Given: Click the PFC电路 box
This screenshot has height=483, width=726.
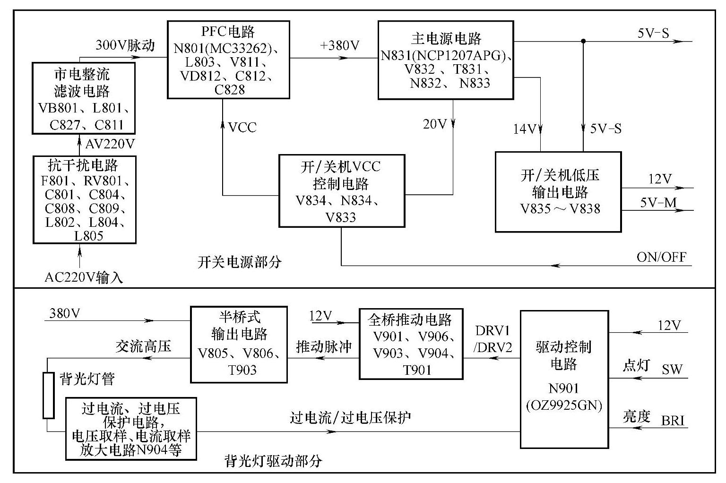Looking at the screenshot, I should click(228, 60).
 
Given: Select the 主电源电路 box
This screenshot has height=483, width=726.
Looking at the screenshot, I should click(445, 60).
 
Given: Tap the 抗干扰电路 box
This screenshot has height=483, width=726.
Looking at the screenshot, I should click(84, 199).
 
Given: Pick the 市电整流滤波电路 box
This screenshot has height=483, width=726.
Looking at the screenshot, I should click(84, 98).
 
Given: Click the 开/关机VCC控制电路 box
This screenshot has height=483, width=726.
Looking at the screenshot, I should click(341, 190).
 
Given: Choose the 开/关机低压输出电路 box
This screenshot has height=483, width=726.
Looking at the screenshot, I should click(558, 192).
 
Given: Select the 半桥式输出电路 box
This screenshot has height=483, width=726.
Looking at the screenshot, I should click(239, 344).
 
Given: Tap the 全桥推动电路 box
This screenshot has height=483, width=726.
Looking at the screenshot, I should click(410, 344).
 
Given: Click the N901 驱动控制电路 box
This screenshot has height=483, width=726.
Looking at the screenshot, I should click(564, 379).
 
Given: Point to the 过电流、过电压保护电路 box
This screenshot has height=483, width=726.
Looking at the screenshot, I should click(131, 429).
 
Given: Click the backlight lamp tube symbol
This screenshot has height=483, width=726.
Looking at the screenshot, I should click(48, 395).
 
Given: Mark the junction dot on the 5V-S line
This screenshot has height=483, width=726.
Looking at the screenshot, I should click(583, 42).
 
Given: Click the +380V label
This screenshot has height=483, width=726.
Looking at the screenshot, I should click(339, 46).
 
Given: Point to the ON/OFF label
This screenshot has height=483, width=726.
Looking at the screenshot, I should click(661, 257).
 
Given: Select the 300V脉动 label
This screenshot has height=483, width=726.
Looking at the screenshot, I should click(125, 45).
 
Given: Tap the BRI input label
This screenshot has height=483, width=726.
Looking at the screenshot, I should click(673, 420).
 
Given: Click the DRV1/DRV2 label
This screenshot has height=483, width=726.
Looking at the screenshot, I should click(493, 339).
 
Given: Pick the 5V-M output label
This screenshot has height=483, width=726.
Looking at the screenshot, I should click(658, 203).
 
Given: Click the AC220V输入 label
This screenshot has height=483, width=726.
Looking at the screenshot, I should click(84, 277).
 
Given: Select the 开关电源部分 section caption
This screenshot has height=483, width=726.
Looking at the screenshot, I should click(239, 261).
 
